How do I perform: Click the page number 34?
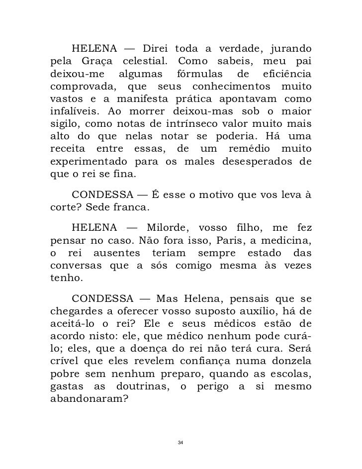(x=181, y=443)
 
